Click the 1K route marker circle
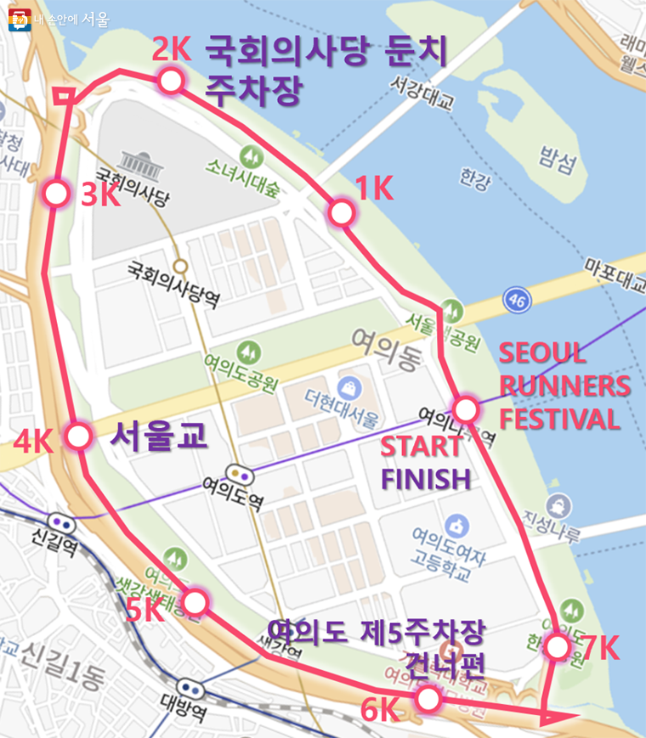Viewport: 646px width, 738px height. click(341, 212)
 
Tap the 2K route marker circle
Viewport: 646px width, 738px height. click(171, 82)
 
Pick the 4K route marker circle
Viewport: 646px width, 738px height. click(78, 437)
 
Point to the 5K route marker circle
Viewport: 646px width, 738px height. click(195, 602)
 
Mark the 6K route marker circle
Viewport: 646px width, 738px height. click(428, 699)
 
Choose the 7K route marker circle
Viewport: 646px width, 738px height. click(557, 647)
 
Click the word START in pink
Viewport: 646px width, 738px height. click(421, 447)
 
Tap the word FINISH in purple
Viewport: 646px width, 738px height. click(425, 479)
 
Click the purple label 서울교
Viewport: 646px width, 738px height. click(159, 437)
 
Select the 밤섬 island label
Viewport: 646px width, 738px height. click(557, 157)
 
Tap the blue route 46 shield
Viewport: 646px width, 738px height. click(516, 299)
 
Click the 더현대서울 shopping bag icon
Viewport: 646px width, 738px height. click(348, 388)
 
